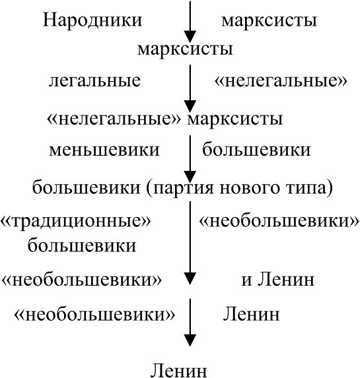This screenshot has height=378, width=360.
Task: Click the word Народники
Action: coord(92,20)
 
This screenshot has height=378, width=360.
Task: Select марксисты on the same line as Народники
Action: coord(269,20)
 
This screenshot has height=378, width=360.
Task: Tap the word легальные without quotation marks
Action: coord(94,80)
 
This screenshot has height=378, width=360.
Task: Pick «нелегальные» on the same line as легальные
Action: coord(281,80)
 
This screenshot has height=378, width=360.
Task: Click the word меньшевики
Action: coord(104,150)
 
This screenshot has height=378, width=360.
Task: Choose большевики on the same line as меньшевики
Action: coord(256,150)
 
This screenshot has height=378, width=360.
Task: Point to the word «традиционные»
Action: coord(76,221)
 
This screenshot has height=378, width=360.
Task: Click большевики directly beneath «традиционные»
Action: coord(82,245)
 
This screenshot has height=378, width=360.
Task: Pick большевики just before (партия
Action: coord(86,187)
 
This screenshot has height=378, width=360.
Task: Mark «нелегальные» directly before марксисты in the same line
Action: coord(114,119)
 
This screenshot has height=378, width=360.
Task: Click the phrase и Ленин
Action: coord(278,280)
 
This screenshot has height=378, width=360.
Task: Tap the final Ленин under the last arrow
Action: coord(178,371)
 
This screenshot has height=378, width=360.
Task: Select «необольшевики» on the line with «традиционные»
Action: coord(279,221)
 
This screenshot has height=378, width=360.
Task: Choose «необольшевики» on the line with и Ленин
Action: coord(82,280)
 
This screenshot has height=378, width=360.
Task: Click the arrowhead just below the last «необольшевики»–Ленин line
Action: coord(190,340)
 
